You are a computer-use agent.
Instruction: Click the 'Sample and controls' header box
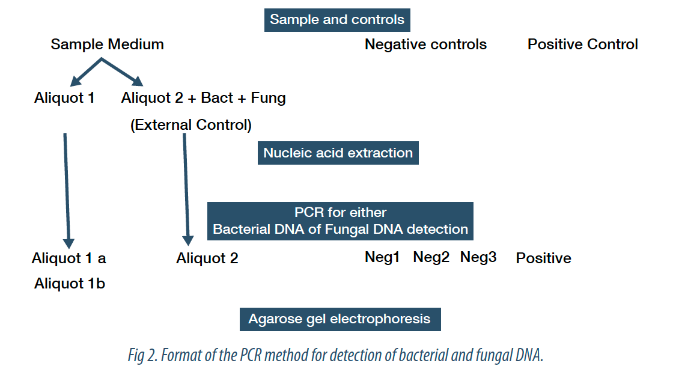click(337, 20)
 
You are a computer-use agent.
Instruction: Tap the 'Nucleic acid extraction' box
click(338, 153)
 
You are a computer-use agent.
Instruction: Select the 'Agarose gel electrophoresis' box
click(340, 319)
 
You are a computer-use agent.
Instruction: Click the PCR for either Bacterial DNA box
click(340, 221)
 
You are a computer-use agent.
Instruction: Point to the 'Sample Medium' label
click(108, 44)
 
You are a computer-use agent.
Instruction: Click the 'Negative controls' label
click(426, 44)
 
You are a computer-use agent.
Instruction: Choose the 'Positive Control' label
click(582, 44)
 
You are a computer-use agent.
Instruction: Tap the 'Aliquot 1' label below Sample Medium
click(64, 98)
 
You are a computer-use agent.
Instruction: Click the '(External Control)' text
click(191, 125)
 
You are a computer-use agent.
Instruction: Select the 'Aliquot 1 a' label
click(69, 258)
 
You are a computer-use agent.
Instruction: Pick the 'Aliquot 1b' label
click(70, 284)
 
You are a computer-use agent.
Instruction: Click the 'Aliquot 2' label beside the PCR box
click(207, 258)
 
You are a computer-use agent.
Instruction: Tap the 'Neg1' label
click(382, 257)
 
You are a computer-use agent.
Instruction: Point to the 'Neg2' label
click(431, 257)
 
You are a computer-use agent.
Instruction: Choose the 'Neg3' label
click(478, 257)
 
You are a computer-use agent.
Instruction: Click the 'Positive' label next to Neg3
click(543, 258)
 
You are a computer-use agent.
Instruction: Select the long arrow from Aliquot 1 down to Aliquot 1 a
click(67, 191)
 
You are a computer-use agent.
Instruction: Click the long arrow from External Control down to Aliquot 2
click(186, 189)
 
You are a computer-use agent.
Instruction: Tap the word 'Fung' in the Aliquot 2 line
click(268, 98)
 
